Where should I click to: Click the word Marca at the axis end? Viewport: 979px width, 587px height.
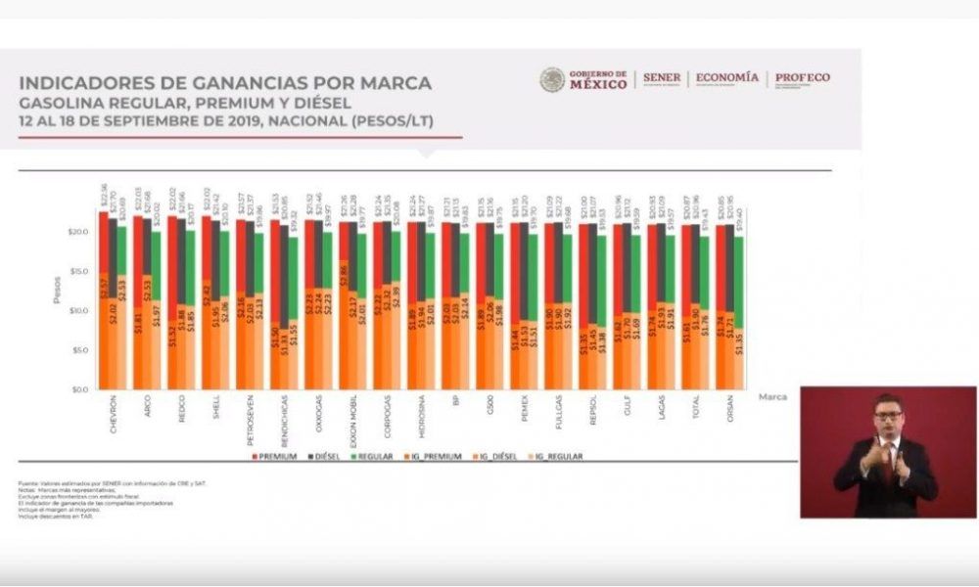point(772,397)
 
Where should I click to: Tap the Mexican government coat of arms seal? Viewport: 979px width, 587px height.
point(552,79)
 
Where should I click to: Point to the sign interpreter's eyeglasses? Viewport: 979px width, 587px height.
point(888,415)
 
